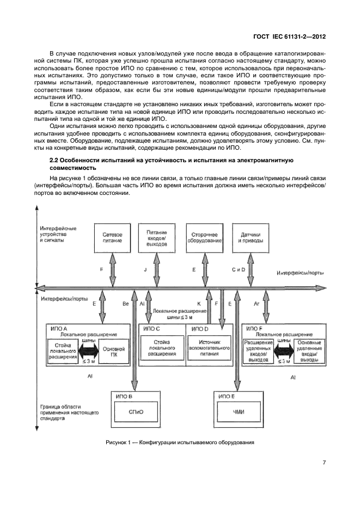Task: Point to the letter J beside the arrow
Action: [146, 269]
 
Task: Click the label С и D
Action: [239, 269]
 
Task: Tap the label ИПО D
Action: [199, 329]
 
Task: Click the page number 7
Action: [324, 463]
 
